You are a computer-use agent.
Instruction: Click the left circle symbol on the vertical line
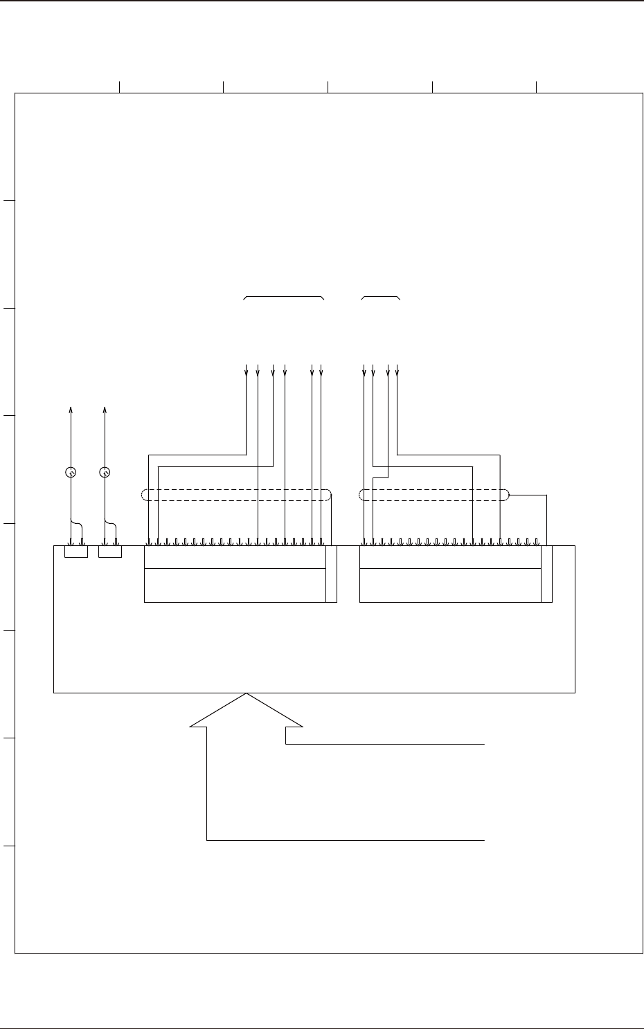tap(70, 473)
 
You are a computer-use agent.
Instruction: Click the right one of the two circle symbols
tap(105, 473)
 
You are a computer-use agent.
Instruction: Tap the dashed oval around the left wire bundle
tap(235, 495)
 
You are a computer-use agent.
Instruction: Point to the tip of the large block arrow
tap(247, 695)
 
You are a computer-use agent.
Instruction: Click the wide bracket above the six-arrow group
tap(284, 296)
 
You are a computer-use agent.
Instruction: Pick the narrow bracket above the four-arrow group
tap(381, 296)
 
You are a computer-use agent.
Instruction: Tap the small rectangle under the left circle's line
tap(76, 552)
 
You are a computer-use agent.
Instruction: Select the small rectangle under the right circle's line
tap(110, 552)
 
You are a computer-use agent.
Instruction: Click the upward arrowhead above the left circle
tap(70, 410)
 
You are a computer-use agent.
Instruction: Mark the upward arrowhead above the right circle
tap(105, 410)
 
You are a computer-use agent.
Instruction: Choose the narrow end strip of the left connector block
tap(331, 574)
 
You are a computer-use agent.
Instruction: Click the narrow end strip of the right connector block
tap(547, 574)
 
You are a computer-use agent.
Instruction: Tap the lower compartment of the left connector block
tap(235, 585)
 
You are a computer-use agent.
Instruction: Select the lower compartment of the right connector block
tap(450, 585)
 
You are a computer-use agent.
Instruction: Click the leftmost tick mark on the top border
tap(120, 86)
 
